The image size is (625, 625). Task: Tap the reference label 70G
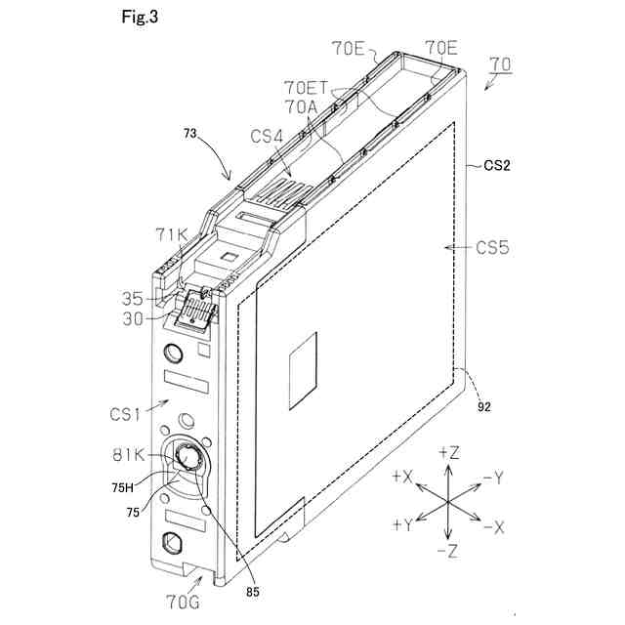[183, 601]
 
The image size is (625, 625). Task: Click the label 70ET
[306, 86]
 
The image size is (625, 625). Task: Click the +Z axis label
[449, 452]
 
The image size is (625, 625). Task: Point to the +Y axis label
[402, 525]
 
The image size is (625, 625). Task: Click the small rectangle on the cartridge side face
[303, 364]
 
